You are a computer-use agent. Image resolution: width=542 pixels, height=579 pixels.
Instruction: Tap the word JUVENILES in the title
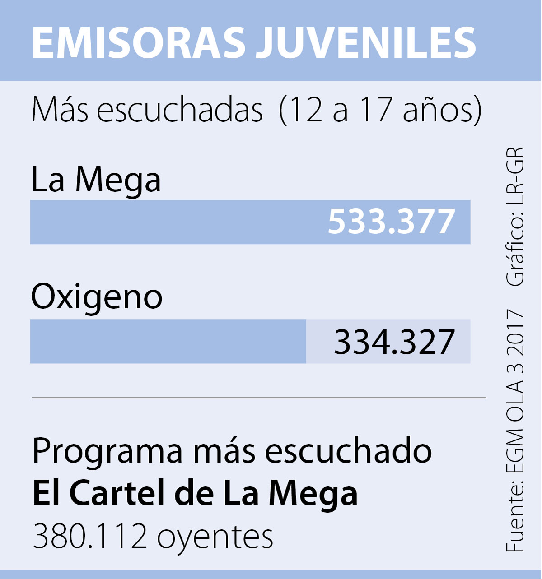tap(366, 42)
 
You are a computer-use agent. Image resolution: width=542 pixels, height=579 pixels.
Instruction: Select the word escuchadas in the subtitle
tap(179, 110)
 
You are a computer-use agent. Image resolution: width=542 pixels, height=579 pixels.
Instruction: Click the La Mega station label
tap(96, 180)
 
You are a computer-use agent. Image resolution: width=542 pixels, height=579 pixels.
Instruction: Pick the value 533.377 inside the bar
tap(391, 222)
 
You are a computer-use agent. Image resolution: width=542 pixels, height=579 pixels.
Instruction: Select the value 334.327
tap(394, 342)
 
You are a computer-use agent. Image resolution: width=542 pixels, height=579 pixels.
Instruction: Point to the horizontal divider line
tap(258, 398)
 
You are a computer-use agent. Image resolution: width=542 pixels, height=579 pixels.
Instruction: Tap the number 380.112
tap(90, 536)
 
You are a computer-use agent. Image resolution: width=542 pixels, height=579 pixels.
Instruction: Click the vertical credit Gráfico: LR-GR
tap(515, 217)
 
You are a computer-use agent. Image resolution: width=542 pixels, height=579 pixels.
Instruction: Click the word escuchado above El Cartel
tap(348, 451)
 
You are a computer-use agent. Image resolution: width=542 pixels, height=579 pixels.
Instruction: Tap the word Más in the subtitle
tap(60, 110)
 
